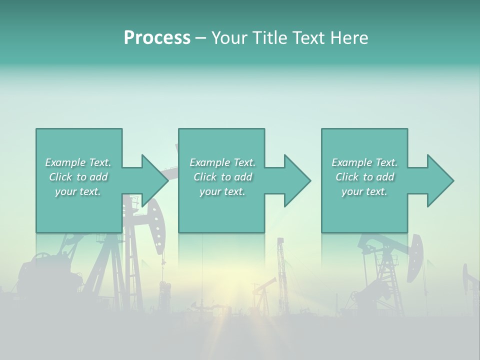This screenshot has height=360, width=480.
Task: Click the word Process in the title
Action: click(x=157, y=38)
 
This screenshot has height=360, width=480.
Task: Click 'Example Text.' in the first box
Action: click(x=78, y=162)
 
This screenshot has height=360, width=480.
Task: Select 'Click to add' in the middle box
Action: click(x=222, y=177)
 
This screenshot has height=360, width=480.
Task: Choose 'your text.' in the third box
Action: click(x=364, y=191)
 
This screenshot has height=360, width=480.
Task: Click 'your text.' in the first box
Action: click(x=78, y=191)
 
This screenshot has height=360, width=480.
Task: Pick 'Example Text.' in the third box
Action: click(x=364, y=162)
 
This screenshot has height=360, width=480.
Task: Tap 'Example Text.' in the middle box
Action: click(x=222, y=162)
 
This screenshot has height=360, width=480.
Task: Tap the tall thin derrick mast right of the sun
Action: click(x=281, y=270)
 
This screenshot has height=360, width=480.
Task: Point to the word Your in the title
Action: click(x=227, y=38)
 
